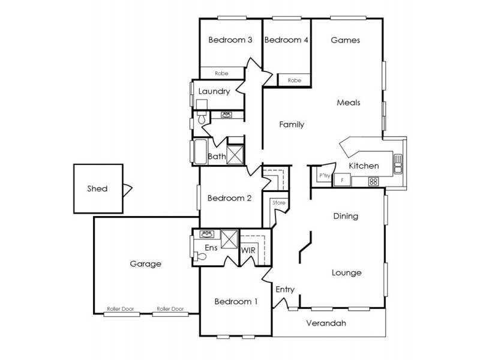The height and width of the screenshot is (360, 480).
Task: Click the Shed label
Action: (x=97, y=189)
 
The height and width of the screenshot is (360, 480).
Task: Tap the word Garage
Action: (x=145, y=263)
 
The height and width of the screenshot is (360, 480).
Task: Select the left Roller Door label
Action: (x=121, y=309)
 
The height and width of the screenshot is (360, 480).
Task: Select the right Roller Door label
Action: (x=170, y=309)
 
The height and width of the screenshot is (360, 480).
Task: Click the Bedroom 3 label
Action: (x=230, y=40)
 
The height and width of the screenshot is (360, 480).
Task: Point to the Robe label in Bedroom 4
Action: (x=294, y=80)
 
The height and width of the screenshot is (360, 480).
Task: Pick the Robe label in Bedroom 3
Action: (x=221, y=73)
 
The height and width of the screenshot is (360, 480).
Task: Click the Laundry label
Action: (x=214, y=92)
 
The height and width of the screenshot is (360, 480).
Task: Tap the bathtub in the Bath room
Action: (x=199, y=152)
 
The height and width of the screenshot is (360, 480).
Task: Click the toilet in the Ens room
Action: (x=201, y=256)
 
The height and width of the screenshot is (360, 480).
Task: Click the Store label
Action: (x=278, y=203)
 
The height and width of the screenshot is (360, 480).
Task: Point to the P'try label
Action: (x=325, y=176)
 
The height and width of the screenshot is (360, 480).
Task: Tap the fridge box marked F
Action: (x=342, y=179)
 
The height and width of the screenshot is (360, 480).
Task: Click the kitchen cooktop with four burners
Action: (x=373, y=181)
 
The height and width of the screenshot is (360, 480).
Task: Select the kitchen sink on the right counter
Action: (x=397, y=163)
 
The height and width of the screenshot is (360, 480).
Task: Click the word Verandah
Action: (x=326, y=323)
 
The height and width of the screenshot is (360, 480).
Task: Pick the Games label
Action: (x=345, y=41)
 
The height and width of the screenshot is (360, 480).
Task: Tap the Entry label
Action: (x=285, y=290)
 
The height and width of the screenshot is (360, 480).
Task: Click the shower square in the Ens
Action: (x=229, y=239)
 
